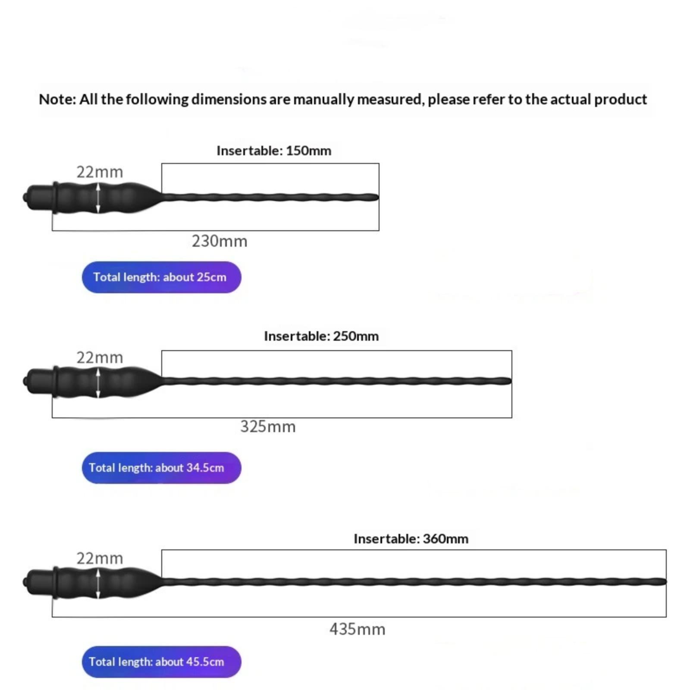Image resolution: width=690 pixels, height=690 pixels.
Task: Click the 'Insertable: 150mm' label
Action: pyautogui.click(x=274, y=151)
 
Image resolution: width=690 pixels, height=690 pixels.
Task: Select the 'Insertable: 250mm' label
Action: pyautogui.click(x=321, y=336)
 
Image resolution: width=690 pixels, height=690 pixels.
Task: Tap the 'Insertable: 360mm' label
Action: pyautogui.click(x=411, y=539)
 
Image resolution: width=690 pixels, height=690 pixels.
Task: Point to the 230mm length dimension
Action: pyautogui.click(x=220, y=241)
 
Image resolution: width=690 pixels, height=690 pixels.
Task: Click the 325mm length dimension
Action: pyautogui.click(x=268, y=427)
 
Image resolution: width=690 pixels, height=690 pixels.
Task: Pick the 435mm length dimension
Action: pyautogui.click(x=357, y=629)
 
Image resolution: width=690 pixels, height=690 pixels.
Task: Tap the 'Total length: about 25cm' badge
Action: pyautogui.click(x=161, y=277)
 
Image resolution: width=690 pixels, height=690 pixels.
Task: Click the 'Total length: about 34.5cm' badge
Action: pyautogui.click(x=161, y=468)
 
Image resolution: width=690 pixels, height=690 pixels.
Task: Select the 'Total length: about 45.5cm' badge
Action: pyautogui.click(x=161, y=662)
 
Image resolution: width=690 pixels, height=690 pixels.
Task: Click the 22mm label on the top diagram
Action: pyautogui.click(x=100, y=172)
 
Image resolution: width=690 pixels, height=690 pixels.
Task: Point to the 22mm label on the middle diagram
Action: pyautogui.click(x=100, y=358)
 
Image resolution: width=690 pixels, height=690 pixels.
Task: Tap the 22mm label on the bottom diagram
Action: pyautogui.click(x=100, y=558)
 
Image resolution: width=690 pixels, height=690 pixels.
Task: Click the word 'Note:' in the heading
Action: pyautogui.click(x=57, y=100)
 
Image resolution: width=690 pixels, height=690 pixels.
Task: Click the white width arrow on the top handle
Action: pyautogui.click(x=98, y=198)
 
